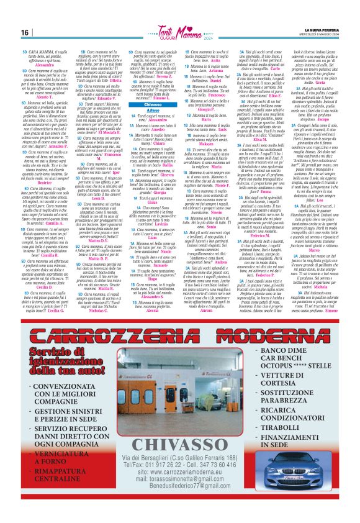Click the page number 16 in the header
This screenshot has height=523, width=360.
[x=25, y=32]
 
